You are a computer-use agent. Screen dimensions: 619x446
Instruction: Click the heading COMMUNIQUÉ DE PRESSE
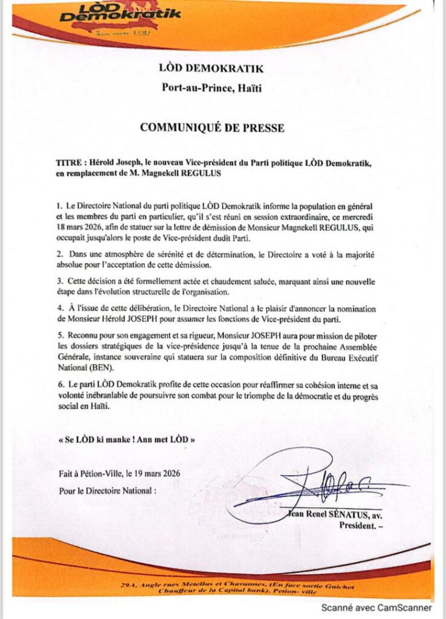[212, 128]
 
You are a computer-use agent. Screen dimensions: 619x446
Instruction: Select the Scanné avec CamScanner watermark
[376, 608]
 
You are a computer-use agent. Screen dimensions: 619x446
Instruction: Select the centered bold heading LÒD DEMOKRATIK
[212, 70]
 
